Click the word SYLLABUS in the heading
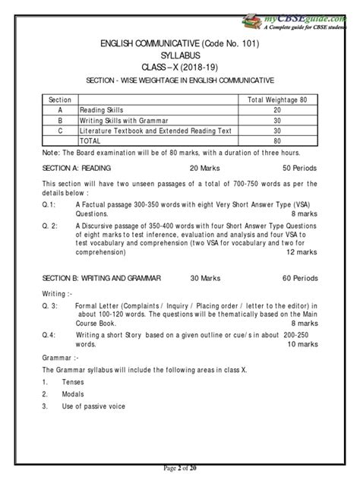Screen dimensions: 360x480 click(x=179, y=56)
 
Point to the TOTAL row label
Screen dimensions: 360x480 click(x=92, y=141)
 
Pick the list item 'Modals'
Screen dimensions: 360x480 click(x=73, y=394)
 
